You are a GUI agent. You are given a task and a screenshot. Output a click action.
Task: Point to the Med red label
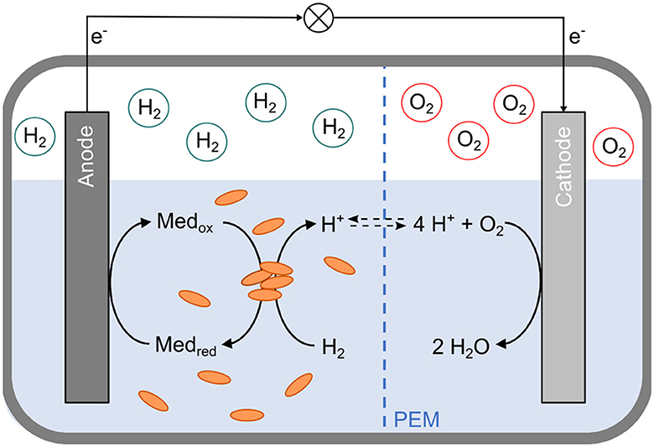click(186, 345)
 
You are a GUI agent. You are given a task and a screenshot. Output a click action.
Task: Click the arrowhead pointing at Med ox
click(145, 223)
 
